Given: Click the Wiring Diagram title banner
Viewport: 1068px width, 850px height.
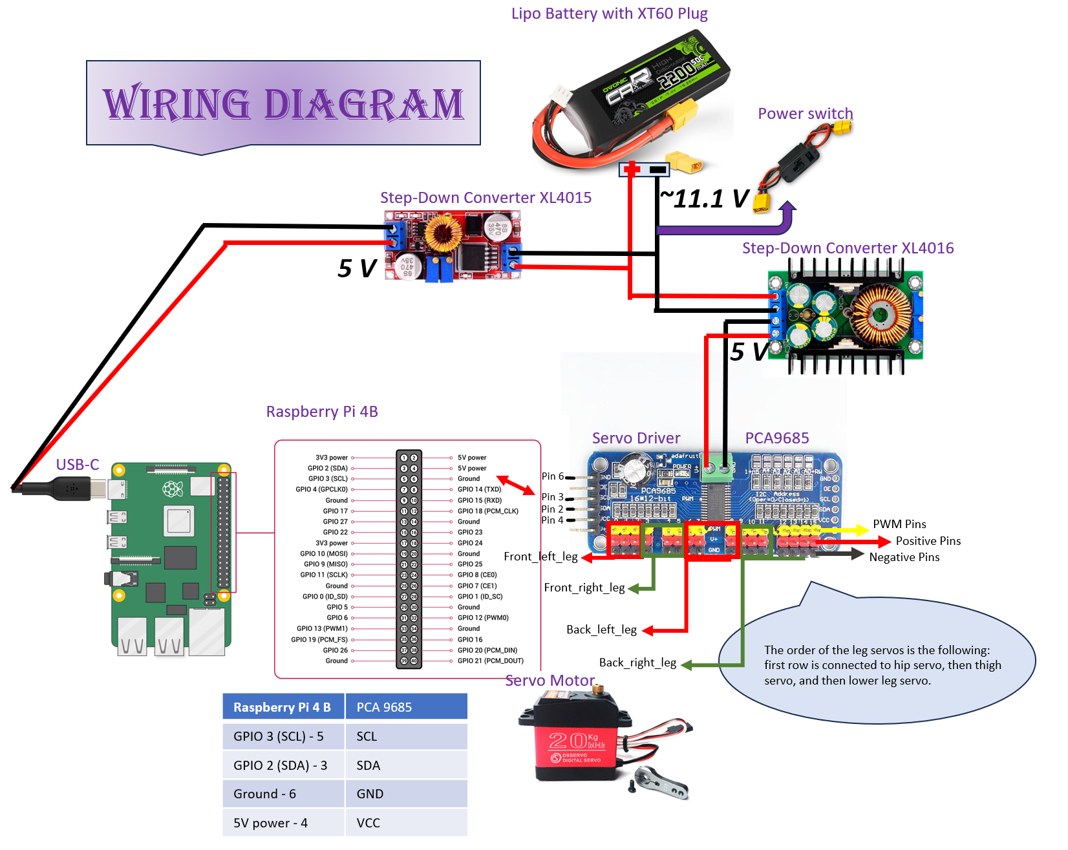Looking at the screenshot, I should coord(283,103).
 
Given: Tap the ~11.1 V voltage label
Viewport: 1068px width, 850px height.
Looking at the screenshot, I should coord(704,199).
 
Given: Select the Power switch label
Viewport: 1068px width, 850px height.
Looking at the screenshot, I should coord(805,114).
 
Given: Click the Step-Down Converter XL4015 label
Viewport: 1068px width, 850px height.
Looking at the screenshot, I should coord(486,198).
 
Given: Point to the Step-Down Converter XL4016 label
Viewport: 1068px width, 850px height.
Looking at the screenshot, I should coord(848,248).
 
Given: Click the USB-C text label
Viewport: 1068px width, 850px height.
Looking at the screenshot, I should coord(78,465).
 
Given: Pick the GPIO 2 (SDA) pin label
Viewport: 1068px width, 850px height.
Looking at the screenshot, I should coord(328,468).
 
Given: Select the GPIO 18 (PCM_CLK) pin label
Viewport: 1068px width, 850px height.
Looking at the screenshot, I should coord(488,511).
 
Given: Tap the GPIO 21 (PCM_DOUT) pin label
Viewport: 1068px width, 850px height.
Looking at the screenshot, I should coord(491,661).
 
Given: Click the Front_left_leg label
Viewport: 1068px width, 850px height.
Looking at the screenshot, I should coord(540,557).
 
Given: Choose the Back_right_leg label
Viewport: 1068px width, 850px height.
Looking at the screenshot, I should coord(637,663).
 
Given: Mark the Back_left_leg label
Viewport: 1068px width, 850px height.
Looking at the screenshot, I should coord(601,630).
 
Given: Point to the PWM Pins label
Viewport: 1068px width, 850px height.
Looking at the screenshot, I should coord(899,524).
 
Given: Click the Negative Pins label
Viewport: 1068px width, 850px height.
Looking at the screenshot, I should coord(904,557).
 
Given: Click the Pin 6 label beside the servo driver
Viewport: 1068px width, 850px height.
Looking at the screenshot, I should coord(552,476).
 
